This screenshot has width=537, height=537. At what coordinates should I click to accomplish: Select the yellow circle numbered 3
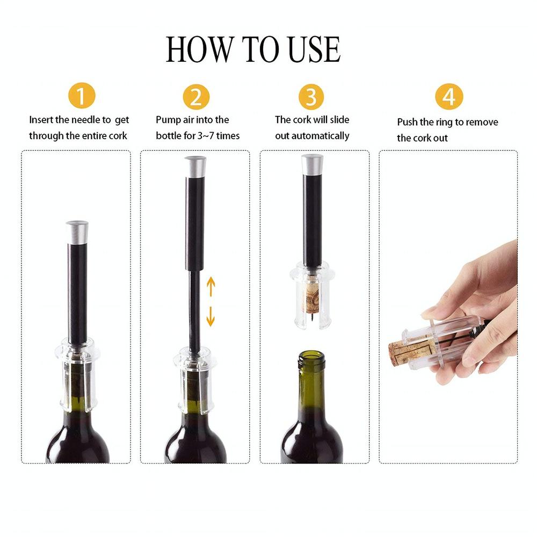click(311, 97)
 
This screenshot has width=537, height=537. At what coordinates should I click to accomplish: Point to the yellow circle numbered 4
click(449, 97)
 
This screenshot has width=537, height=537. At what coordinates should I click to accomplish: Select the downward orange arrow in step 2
click(211, 317)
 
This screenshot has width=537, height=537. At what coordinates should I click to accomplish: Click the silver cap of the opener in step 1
click(77, 231)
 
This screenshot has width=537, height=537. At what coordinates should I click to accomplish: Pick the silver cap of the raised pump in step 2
click(195, 166)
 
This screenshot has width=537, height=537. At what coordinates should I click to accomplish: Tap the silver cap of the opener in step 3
click(312, 164)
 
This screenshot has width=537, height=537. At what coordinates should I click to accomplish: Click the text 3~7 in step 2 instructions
click(207, 136)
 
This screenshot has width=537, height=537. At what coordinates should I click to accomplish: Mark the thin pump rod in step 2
click(194, 311)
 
